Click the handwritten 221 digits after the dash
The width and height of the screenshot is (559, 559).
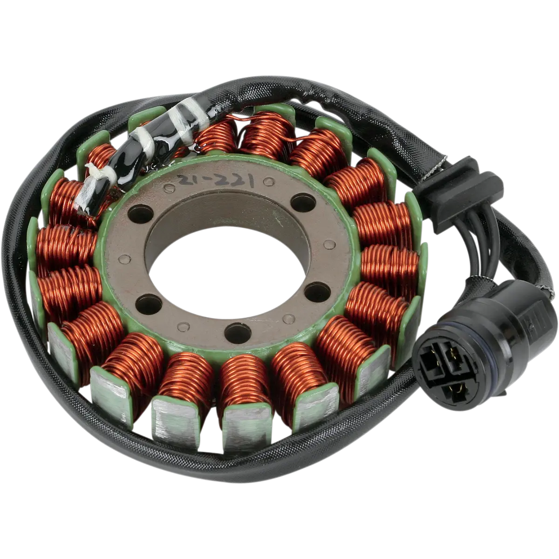coord(234,181)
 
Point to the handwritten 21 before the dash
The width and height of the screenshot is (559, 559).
coord(189,179)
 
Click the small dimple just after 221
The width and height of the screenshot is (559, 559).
coord(269,182)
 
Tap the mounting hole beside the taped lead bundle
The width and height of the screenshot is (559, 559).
coord(141,214)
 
